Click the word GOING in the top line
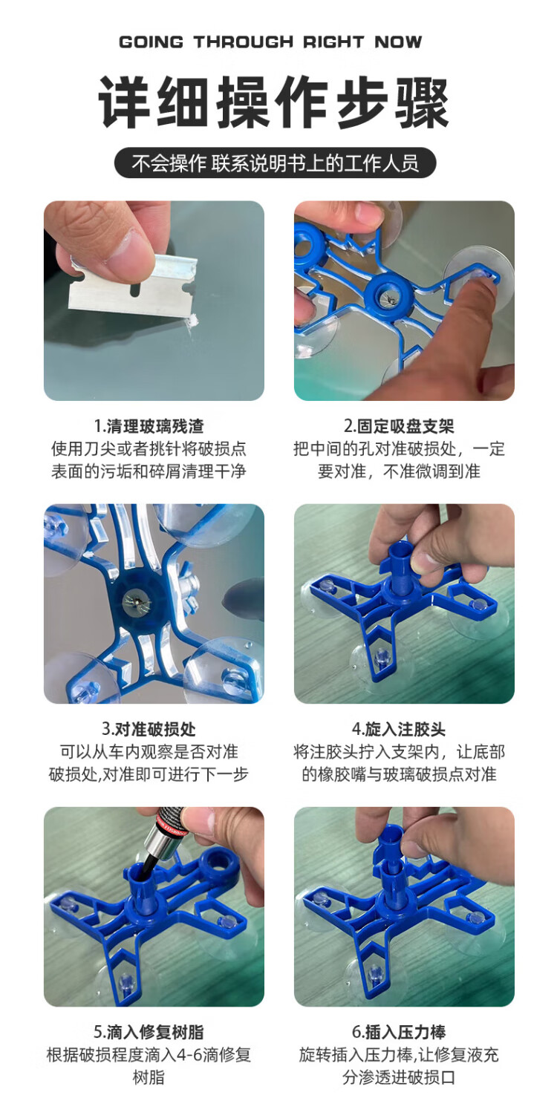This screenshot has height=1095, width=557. (x=151, y=42)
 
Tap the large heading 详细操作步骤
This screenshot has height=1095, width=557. (x=274, y=102)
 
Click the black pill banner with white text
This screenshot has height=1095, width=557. (x=275, y=163)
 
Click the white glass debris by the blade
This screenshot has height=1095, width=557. (x=192, y=321)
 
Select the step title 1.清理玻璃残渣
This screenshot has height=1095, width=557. (x=149, y=426)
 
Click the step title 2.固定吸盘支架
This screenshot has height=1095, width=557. (x=399, y=426)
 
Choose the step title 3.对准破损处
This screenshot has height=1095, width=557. (x=149, y=729)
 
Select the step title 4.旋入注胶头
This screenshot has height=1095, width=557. (x=399, y=729)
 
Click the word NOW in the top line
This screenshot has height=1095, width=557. (x=398, y=42)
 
